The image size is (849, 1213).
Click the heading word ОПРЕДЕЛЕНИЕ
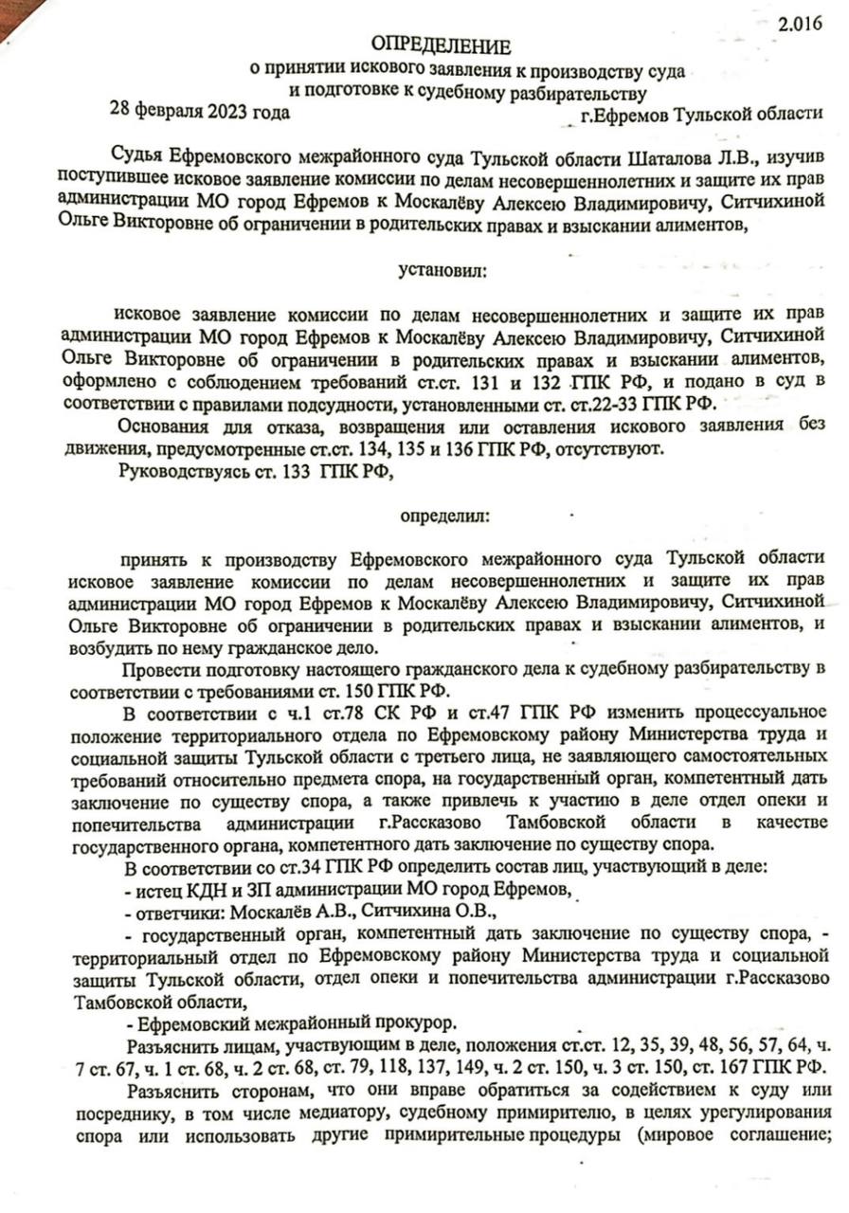click(440, 45)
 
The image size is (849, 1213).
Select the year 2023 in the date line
click(218, 112)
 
